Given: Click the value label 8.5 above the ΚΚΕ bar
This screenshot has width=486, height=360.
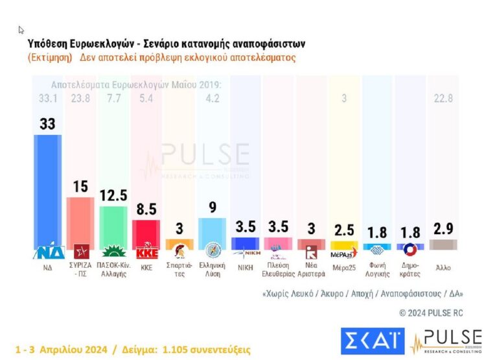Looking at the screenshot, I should [x=146, y=209].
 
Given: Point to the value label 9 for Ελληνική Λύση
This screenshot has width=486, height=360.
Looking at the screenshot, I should [x=212, y=208].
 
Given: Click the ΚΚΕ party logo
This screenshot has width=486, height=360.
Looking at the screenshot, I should [x=146, y=254].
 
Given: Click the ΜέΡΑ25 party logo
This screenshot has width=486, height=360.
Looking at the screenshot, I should [x=343, y=253].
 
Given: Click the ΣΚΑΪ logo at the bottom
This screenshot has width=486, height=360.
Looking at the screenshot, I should [x=372, y=339].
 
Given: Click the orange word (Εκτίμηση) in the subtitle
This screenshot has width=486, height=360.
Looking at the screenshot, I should [x=50, y=57].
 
